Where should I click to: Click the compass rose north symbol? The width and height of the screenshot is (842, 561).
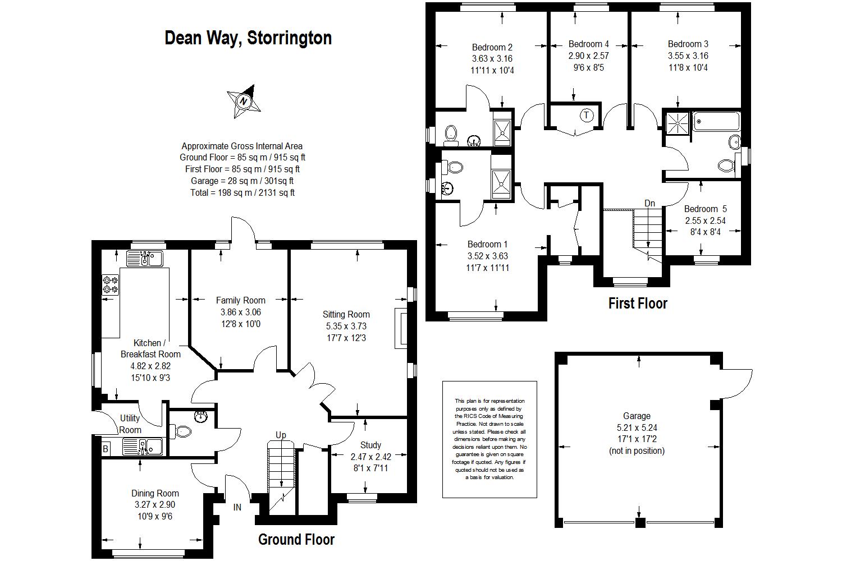(244, 102)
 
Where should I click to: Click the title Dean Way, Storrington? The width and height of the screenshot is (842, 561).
(248, 38)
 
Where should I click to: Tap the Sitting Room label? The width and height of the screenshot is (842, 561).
(346, 314)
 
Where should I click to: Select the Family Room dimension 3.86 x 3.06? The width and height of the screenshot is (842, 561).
(240, 312)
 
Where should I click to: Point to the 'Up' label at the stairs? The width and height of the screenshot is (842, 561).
(281, 435)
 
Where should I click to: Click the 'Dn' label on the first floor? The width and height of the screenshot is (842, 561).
(649, 203)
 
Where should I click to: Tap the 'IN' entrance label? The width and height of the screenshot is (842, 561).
(237, 507)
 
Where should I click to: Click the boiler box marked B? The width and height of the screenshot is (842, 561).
(105, 449)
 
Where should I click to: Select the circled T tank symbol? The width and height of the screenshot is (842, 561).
(587, 116)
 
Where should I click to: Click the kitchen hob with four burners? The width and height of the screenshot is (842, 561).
(111, 285)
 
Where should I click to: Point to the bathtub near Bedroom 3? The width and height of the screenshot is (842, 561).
(716, 122)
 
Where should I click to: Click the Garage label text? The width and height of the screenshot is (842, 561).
(637, 416)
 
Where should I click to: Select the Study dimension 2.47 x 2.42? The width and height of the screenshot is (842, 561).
(370, 457)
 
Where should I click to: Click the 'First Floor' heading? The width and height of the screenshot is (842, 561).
(638, 304)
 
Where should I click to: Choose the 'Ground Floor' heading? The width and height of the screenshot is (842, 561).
(296, 540)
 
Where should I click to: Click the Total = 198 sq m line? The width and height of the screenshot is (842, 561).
(242, 192)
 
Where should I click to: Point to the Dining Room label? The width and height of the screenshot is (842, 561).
(155, 493)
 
